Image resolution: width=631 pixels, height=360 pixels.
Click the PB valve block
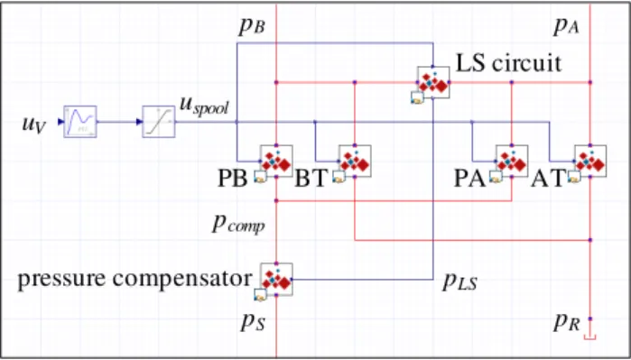[x=276, y=161]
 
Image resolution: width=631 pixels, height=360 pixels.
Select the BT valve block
[x=355, y=161]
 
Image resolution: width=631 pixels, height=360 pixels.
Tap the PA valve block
[x=512, y=161]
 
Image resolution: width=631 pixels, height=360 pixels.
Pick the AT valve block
[x=590, y=161]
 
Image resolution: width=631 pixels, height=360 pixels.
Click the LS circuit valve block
[x=433, y=82]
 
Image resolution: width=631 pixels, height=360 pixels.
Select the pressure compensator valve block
[x=276, y=279]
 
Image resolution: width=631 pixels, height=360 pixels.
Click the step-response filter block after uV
[x=80, y=122]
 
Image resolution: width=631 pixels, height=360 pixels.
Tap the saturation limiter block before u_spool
[x=159, y=122]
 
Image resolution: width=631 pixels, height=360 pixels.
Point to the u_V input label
[x=34, y=124]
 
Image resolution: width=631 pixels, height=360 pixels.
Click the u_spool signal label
[x=204, y=106]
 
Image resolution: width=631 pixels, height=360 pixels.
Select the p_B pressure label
[x=253, y=27]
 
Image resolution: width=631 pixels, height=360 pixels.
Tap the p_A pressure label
[x=566, y=27]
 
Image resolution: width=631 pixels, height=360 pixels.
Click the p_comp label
[x=238, y=225]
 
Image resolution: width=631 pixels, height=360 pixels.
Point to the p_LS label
[x=460, y=282]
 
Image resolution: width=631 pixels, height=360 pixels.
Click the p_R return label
[x=567, y=323]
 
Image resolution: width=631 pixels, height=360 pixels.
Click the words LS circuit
[x=508, y=63]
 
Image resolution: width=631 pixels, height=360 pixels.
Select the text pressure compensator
[x=135, y=279]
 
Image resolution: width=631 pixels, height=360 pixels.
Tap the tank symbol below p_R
[x=590, y=337]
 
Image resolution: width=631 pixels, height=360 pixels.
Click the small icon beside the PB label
[x=260, y=177]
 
